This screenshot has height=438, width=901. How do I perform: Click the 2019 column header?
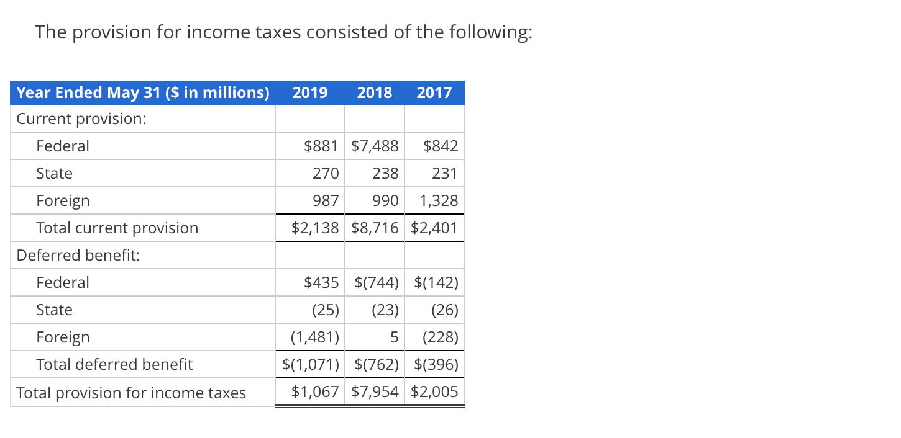click(x=309, y=93)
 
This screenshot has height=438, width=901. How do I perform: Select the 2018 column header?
click(x=375, y=93)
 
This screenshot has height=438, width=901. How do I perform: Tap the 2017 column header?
click(x=434, y=93)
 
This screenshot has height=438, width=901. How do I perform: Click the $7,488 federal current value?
click(x=375, y=146)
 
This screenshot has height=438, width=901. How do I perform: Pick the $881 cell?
click(x=321, y=146)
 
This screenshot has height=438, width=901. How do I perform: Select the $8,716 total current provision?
click(x=375, y=228)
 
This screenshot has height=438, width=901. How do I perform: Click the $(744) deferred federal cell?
click(x=376, y=282)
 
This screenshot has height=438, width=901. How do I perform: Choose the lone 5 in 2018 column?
click(x=393, y=337)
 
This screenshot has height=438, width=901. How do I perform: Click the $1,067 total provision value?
click(x=315, y=391)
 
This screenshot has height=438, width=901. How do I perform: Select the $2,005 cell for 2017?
click(x=434, y=391)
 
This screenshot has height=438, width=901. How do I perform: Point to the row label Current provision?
click(x=81, y=118)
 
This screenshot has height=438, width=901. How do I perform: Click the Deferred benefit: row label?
click(x=78, y=255)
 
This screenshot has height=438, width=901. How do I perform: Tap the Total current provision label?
click(x=117, y=228)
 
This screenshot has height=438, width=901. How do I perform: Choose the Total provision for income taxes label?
click(x=131, y=393)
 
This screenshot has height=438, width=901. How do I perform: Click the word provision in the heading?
click(x=112, y=32)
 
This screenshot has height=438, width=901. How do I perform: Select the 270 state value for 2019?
click(x=325, y=173)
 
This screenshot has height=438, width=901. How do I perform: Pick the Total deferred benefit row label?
click(x=114, y=364)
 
